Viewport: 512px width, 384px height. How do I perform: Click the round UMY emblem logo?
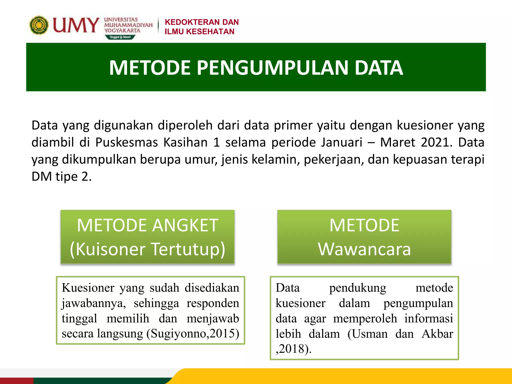[39, 25]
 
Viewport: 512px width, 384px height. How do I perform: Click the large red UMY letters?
[76, 25]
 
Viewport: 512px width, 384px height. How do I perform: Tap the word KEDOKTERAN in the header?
[189, 22]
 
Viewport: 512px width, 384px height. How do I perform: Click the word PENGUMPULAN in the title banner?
[273, 68]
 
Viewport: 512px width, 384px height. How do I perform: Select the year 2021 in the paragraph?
[436, 142]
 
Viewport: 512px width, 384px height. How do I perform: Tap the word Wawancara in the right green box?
[364, 249]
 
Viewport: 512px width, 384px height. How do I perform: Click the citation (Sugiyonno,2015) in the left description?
[193, 333]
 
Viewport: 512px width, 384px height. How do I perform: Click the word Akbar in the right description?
[437, 334]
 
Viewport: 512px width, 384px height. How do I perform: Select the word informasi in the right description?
[428, 319]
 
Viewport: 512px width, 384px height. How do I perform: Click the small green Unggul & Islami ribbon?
[120, 37]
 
